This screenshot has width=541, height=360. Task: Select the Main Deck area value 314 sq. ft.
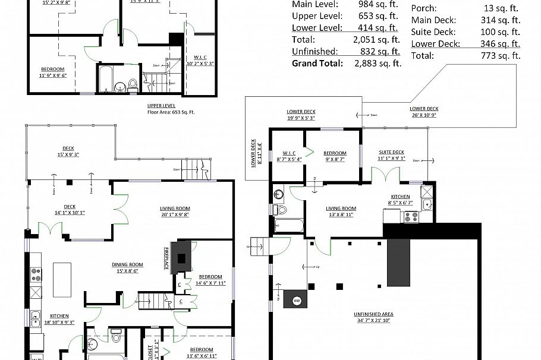pyautogui.click(x=499, y=20)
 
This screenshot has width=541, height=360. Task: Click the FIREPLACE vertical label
pyautogui.click(x=167, y=260)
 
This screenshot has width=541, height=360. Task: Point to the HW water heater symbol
pyautogui.click(x=296, y=301)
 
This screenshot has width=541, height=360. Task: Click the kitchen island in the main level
pyautogui.click(x=62, y=279)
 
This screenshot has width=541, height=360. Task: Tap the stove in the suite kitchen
pyautogui.click(x=410, y=217)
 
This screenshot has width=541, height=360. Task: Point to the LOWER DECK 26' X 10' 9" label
pyautogui.click(x=424, y=112)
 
